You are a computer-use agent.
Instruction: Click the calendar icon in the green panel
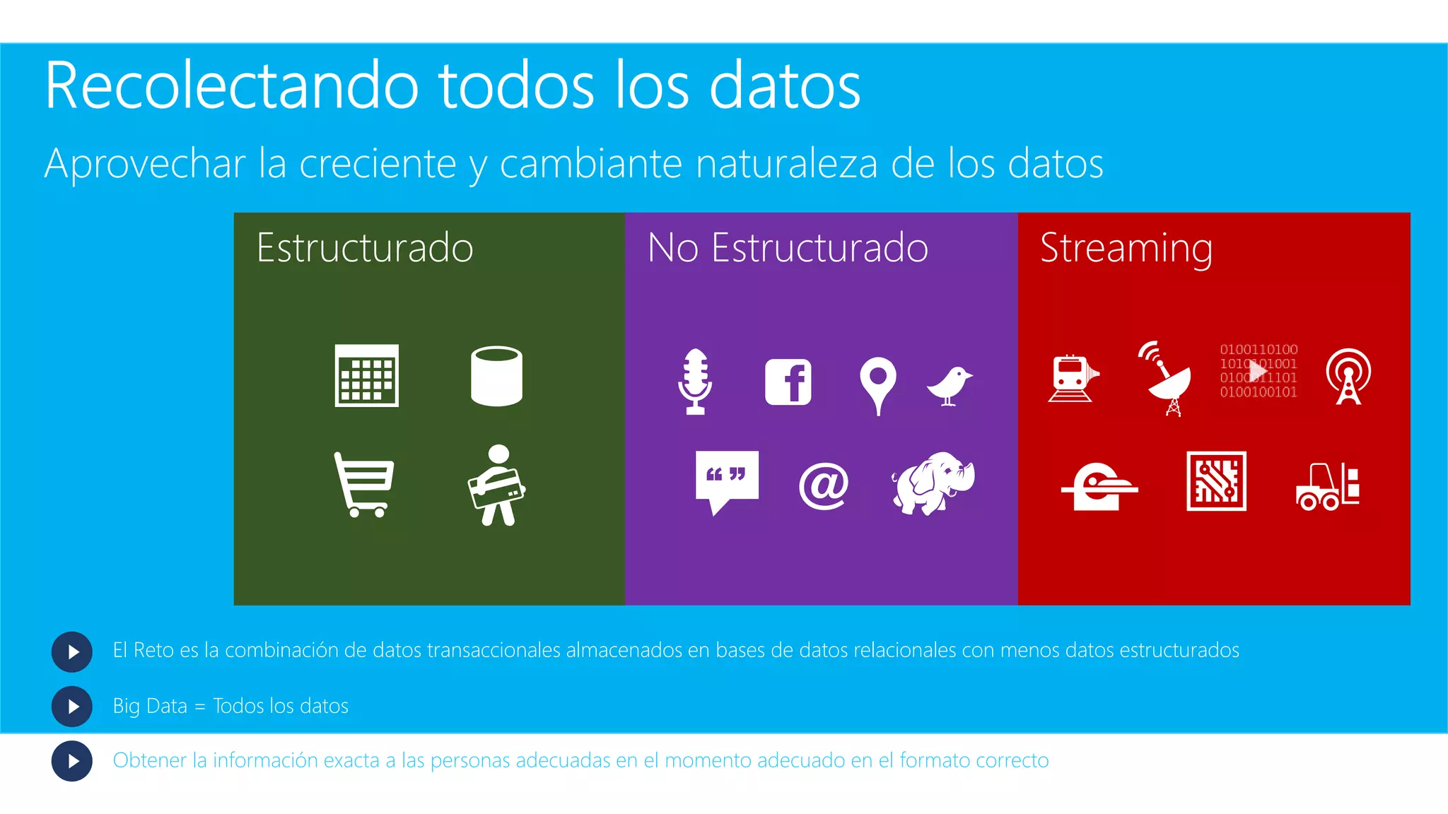coord(366,375)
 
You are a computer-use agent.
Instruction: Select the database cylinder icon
coord(496,376)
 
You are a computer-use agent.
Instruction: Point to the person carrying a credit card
coord(496,485)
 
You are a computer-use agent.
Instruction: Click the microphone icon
coord(695,381)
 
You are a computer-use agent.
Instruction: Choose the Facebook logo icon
coord(788,382)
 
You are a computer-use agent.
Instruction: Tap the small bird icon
coord(950,386)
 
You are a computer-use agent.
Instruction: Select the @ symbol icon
coord(823,485)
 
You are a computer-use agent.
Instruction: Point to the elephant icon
coord(933,483)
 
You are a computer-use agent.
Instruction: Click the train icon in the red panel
coord(1073,378)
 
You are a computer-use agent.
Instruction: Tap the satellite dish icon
coord(1166,379)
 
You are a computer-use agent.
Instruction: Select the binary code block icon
coord(1259,371)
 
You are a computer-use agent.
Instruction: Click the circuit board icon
coord(1216,481)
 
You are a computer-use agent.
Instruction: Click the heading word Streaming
coord(1126,248)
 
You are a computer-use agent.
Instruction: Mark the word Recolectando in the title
coord(232,86)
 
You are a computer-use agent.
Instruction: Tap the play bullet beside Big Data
coord(72,706)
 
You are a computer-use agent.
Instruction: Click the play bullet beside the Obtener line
coord(72,761)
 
